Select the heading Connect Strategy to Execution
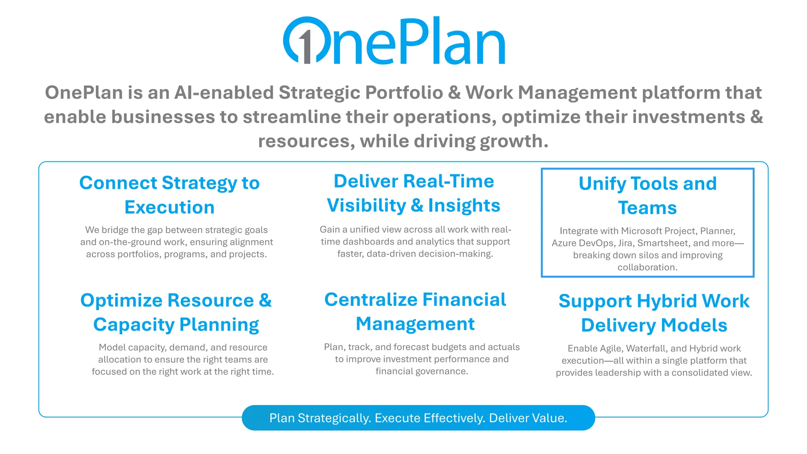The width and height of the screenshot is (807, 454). pyautogui.click(x=169, y=195)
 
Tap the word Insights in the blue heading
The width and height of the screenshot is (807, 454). pyautogui.click(x=464, y=205)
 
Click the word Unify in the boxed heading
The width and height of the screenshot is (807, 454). pyautogui.click(x=602, y=184)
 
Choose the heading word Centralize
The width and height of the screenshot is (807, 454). pyautogui.click(x=370, y=300)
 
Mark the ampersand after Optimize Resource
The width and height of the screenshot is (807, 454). pyautogui.click(x=265, y=300)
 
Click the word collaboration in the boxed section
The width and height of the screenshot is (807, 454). pyautogui.click(x=647, y=267)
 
